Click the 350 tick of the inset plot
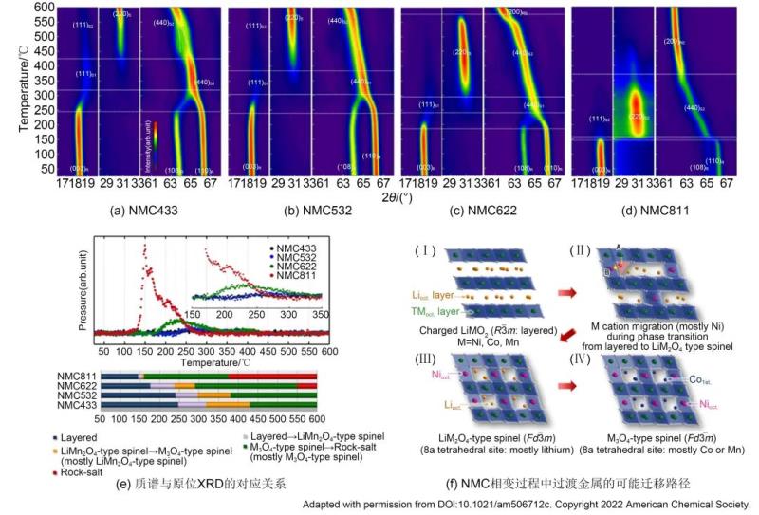pyautogui.click(x=320, y=314)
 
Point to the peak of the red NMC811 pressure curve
pyautogui.click(x=144, y=248)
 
